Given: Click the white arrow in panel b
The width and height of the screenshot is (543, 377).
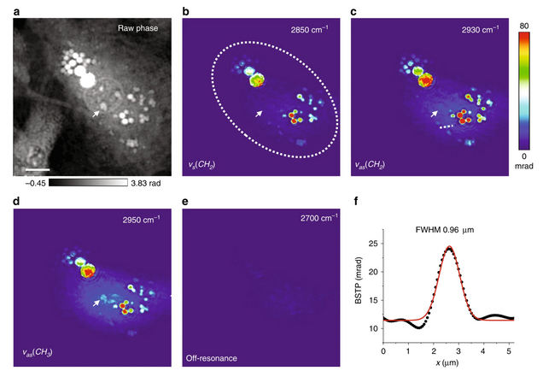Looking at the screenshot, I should [260, 112].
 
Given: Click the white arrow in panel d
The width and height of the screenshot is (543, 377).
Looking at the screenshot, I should [96, 303].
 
